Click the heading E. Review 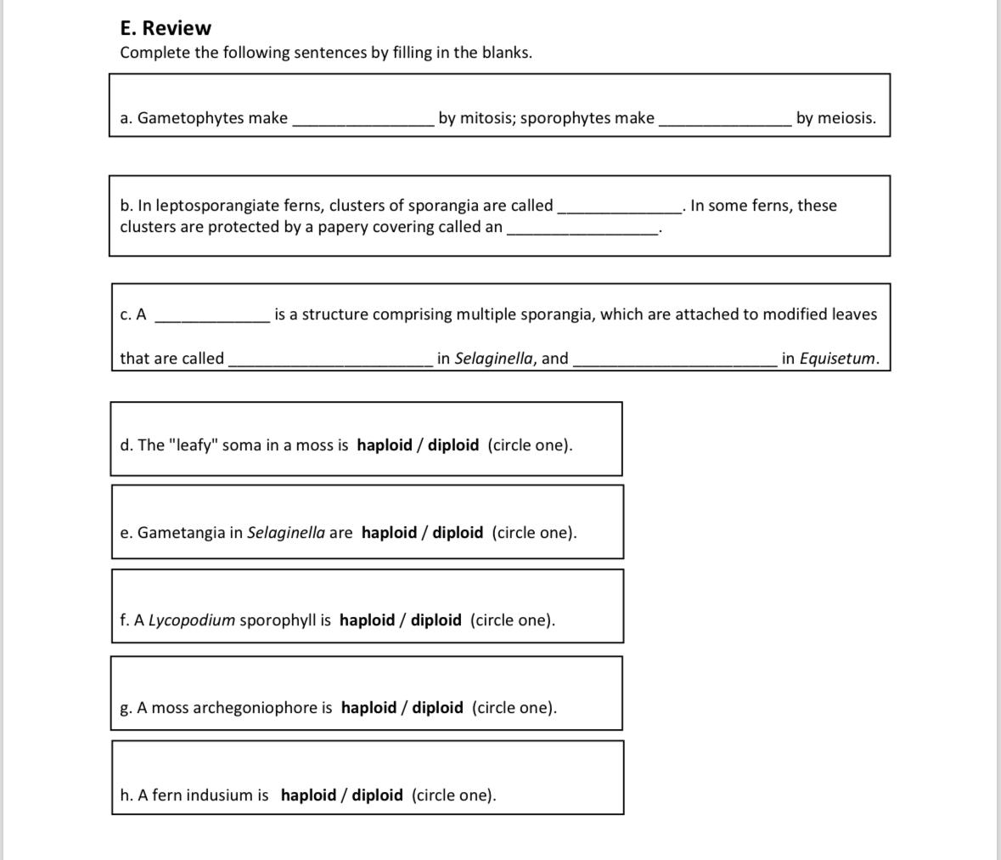tap(166, 28)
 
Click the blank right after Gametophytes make tap(363, 121)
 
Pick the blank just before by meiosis tap(725, 121)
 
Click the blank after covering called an tap(582, 229)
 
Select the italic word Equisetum tap(838, 359)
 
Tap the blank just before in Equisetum tap(675, 361)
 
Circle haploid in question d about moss tap(384, 445)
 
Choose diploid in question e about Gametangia tap(458, 533)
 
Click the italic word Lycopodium tap(192, 620)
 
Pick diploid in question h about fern tap(377, 795)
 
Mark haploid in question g tap(368, 708)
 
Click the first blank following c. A tap(212, 317)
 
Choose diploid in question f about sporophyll tap(436, 620)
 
